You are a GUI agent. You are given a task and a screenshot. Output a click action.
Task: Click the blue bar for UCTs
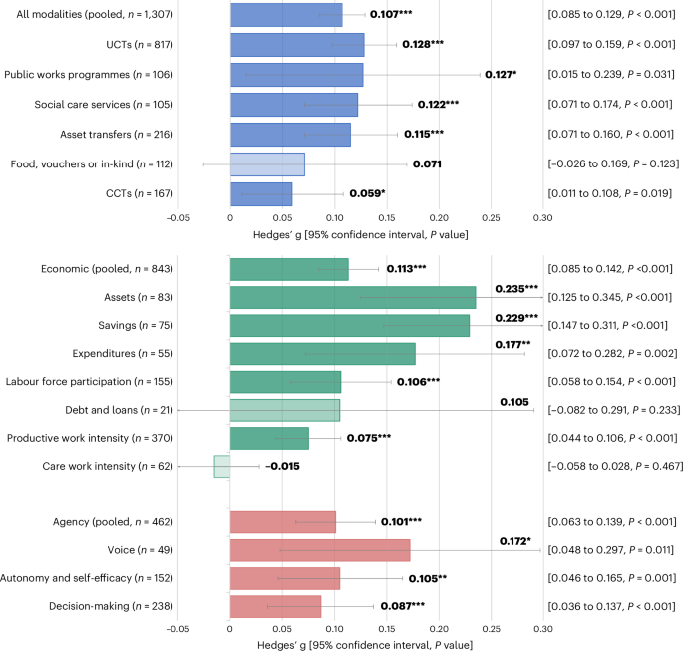pyautogui.click(x=297, y=45)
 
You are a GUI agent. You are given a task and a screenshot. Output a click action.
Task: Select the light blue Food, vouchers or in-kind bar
pyautogui.click(x=267, y=164)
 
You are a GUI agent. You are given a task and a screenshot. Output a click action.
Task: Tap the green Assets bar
pyautogui.click(x=353, y=297)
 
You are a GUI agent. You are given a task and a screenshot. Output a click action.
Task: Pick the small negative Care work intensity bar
pyautogui.click(x=222, y=466)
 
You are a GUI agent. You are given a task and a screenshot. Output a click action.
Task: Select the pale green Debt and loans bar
pyautogui.click(x=285, y=410)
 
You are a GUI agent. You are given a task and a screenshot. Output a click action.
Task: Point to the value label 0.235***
pyautogui.click(x=516, y=289)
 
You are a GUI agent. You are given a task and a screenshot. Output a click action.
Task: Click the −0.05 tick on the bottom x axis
pyautogui.click(x=177, y=629)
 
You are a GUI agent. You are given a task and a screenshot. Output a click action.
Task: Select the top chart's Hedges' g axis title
pyautogui.click(x=360, y=234)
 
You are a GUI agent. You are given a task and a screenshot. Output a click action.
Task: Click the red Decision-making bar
pyautogui.click(x=275, y=606)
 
